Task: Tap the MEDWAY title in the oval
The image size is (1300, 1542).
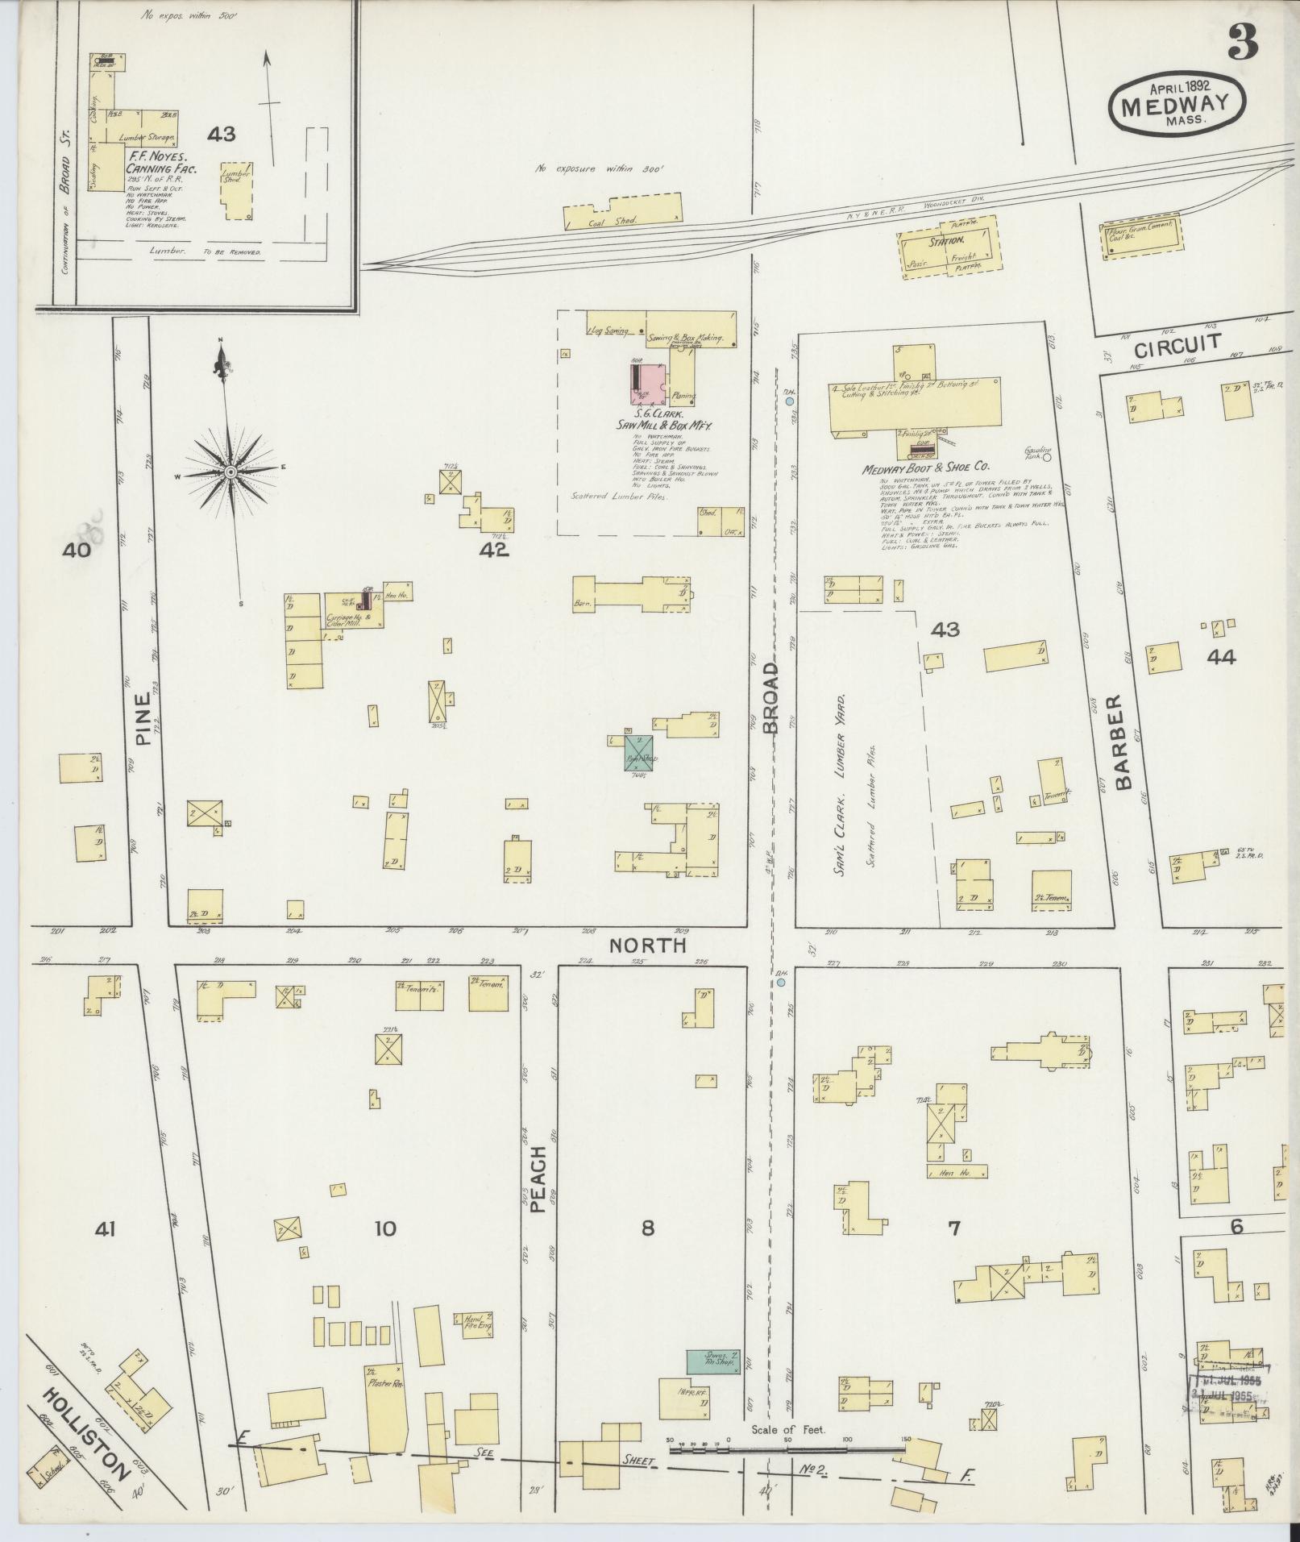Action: point(1177,103)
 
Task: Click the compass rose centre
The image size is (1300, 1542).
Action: point(230,472)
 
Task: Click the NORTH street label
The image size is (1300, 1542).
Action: point(658,945)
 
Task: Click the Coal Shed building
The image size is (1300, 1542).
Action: point(622,211)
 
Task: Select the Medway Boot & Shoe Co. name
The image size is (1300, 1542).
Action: point(925,467)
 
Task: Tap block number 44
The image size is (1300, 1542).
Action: point(1220,657)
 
